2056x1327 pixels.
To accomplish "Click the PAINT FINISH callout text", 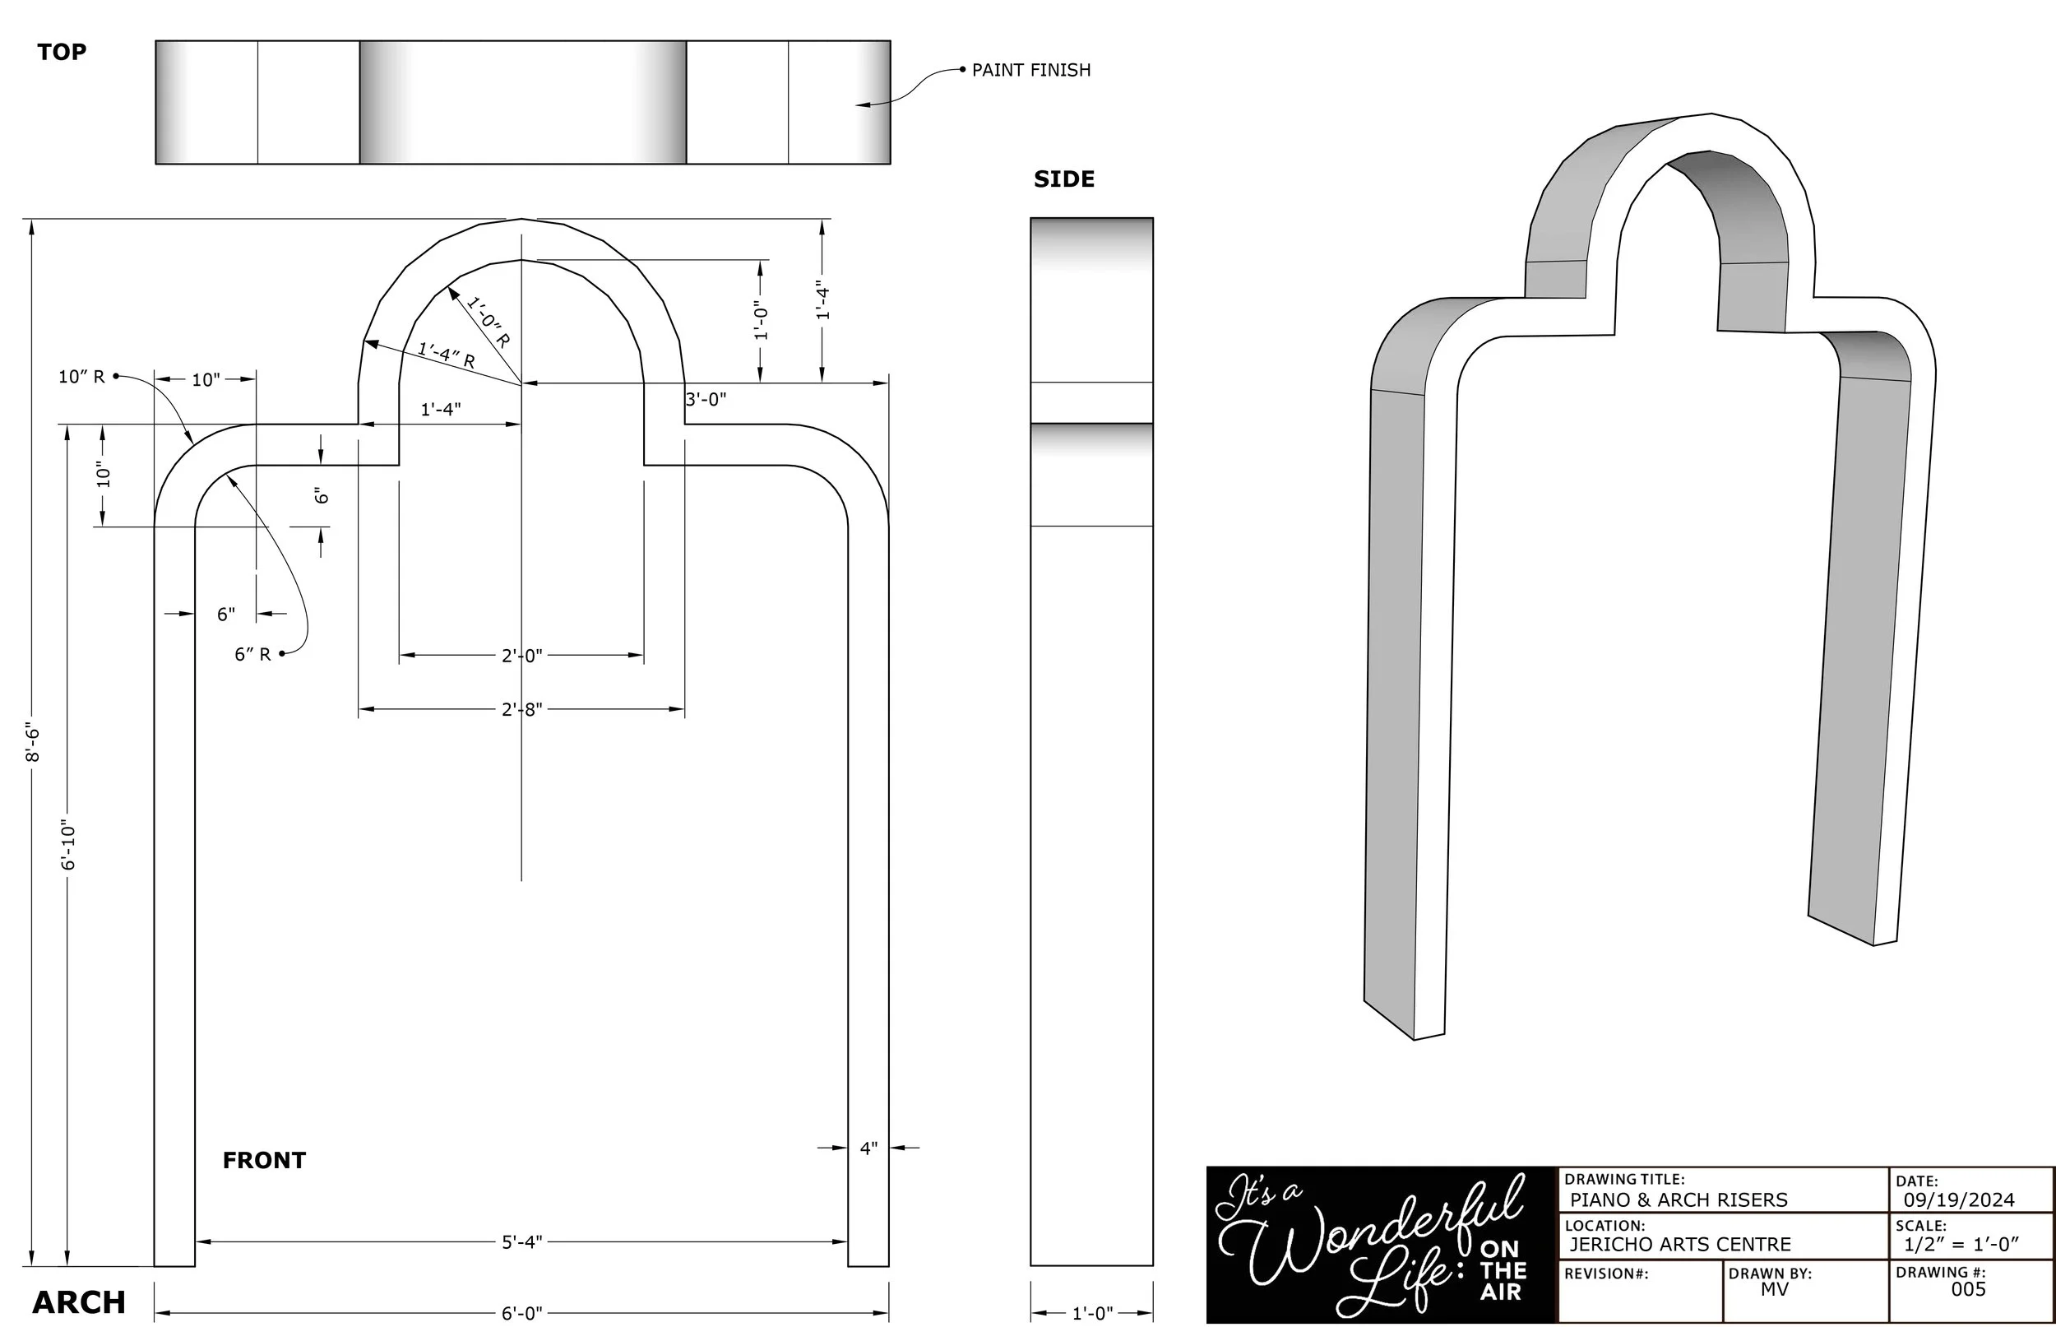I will (1030, 70).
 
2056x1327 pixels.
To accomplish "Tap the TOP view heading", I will (62, 52).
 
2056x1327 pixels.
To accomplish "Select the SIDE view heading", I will (1063, 179).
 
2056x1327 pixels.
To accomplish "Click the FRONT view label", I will (263, 1160).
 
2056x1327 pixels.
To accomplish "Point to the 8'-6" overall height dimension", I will (32, 742).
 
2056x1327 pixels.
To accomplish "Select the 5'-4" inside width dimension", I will (522, 1241).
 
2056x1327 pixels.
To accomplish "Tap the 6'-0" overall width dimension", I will (522, 1313).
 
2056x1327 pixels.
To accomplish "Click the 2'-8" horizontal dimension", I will (522, 709).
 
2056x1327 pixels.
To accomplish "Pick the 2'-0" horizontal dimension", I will (522, 656).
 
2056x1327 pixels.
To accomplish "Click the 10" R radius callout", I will (81, 377).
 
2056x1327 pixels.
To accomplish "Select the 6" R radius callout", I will (252, 654).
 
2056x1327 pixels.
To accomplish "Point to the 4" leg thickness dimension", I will (868, 1148).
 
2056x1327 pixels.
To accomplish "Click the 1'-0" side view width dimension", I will (1092, 1313).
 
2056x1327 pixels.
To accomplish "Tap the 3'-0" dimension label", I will (706, 399).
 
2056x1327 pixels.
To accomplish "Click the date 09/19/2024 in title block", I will (1959, 1199).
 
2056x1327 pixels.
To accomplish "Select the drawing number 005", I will (1968, 1289).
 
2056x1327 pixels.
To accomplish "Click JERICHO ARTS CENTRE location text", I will (1679, 1244).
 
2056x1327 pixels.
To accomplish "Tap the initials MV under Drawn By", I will (1775, 1289).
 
